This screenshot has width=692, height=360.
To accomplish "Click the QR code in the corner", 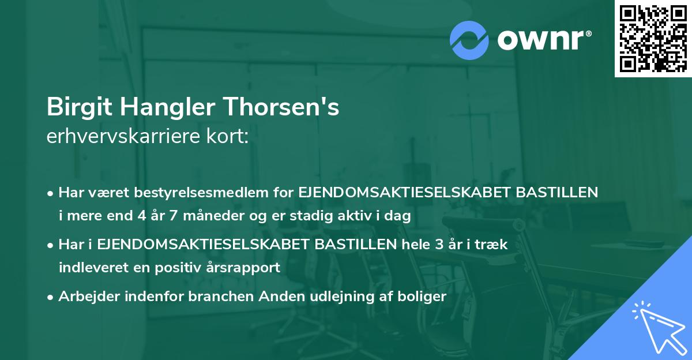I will point(653,39).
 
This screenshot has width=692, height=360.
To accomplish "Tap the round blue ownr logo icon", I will point(469,40).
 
